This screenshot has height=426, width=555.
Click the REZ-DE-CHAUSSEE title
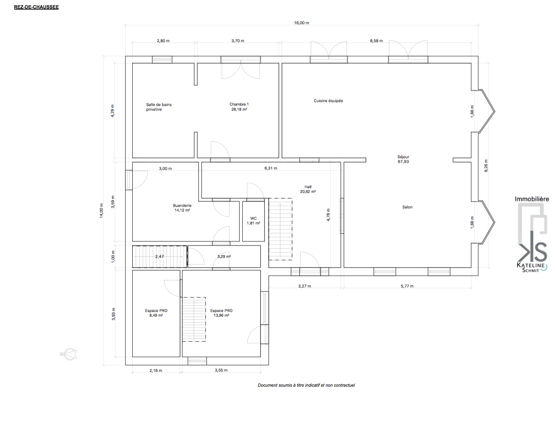[x=36, y=7]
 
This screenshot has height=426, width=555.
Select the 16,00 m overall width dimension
[x=301, y=23]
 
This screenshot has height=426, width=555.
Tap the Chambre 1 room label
[x=239, y=107]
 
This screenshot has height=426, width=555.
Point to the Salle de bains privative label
[x=159, y=107]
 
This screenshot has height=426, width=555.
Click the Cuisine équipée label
[x=328, y=101]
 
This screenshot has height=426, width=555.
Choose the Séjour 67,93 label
[x=403, y=159]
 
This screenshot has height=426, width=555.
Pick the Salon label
[x=407, y=207]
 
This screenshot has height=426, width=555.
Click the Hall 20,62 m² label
[x=308, y=189]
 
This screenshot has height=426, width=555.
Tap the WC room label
[x=253, y=221]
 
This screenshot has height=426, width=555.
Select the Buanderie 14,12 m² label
[x=182, y=208]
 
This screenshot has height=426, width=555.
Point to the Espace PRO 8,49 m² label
[x=156, y=313]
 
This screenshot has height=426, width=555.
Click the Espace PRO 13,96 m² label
[x=221, y=313]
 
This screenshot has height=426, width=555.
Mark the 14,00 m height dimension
[x=102, y=211]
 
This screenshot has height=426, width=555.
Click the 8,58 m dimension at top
[x=376, y=40]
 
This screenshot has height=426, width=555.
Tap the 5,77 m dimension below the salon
[x=407, y=286]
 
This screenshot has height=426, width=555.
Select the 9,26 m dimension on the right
[x=486, y=166]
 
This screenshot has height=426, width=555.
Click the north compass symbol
[x=69, y=354]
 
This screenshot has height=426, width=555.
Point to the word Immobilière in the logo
[x=532, y=199]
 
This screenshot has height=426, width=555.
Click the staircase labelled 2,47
[x=159, y=256]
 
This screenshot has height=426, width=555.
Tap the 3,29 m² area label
[x=224, y=256]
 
